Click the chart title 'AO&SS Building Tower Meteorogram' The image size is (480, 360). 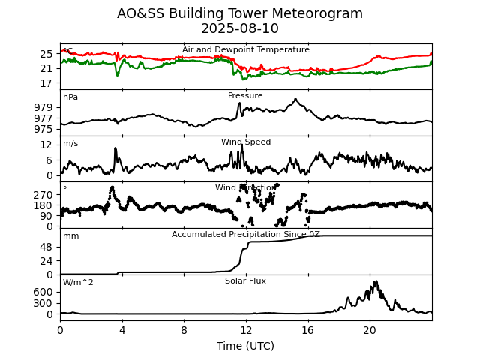click(240, 13)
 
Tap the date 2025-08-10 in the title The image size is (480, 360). click(240, 28)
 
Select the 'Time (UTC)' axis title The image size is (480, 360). click(245, 346)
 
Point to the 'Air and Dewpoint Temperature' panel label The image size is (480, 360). click(245, 50)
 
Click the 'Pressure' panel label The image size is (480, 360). click(245, 96)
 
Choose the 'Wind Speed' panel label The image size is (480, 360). click(245, 142)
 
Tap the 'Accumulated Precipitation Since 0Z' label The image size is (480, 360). click(245, 235)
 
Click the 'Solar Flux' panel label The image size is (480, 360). click(245, 281)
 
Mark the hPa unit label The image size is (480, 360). click(70, 97)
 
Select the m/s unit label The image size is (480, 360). click(70, 144)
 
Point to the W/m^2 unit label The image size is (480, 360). click(79, 283)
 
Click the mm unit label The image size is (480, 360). click(70, 236)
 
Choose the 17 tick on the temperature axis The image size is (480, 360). click(46, 83)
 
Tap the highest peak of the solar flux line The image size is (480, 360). click(375, 282)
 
